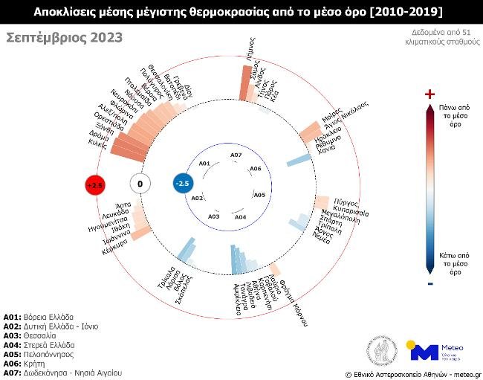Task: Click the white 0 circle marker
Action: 140,184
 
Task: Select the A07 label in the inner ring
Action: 236,155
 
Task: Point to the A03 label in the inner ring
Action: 214,216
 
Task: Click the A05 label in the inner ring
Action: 259,195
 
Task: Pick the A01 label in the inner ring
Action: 205,163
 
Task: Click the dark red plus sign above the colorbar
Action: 429,94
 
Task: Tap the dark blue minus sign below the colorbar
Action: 429,283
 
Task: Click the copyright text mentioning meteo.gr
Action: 412,374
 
